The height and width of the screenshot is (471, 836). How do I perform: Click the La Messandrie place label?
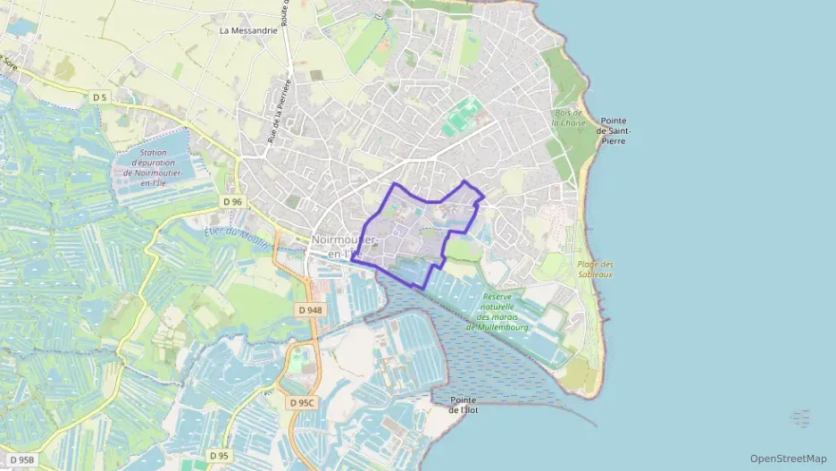pyautogui.click(x=248, y=29)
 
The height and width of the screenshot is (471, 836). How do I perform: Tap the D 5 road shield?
pyautogui.click(x=99, y=97)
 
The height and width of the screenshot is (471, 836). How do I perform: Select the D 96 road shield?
pyautogui.click(x=233, y=202)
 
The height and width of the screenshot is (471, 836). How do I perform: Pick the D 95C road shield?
pyautogui.click(x=304, y=403)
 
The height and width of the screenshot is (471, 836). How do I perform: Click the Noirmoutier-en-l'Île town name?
pyautogui.click(x=346, y=247)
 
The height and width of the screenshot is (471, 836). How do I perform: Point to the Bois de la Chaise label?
pyautogui.click(x=568, y=118)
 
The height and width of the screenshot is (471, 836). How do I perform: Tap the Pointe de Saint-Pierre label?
pyautogui.click(x=615, y=130)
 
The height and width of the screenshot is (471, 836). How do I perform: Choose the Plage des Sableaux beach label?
pyautogui.click(x=596, y=269)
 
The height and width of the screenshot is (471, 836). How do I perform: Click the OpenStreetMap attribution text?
pyautogui.click(x=788, y=458)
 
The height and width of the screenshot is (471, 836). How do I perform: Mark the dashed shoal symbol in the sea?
pyautogui.click(x=800, y=417)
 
